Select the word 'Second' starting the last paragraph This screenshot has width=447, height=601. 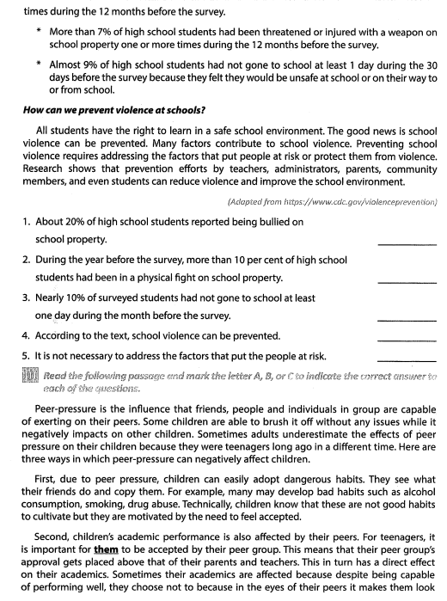[58, 555]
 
